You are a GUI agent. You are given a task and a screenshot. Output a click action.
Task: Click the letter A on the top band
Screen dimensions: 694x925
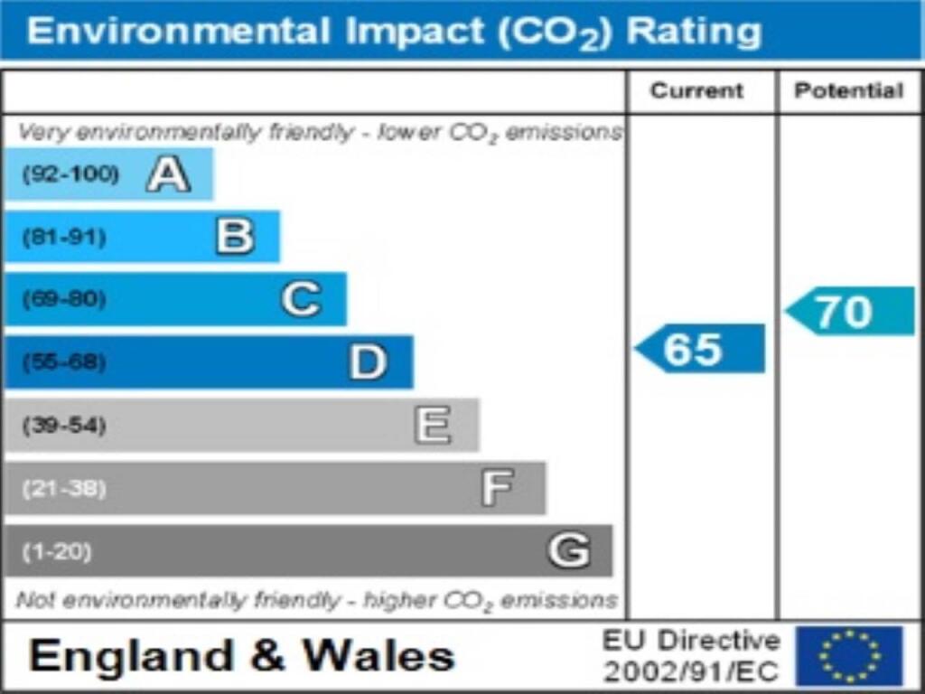168,173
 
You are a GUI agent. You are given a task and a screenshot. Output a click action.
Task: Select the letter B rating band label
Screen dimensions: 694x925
235,237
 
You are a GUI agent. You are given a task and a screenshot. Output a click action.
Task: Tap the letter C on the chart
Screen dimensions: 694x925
301,299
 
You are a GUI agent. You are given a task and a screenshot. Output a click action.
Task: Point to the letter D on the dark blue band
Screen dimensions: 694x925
368,362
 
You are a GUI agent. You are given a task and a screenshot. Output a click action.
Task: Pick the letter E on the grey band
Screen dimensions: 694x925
433,425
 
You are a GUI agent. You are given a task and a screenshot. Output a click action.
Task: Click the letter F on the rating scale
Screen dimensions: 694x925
498,488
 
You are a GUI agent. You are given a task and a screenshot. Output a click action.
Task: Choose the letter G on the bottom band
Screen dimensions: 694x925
568,550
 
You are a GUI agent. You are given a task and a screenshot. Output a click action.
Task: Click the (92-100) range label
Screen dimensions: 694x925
70,173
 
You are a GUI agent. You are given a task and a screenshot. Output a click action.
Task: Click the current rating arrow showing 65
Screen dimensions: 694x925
700,349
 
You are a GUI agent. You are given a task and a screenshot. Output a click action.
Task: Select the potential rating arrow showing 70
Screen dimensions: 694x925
849,312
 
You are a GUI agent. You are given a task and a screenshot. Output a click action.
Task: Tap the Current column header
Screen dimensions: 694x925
696,90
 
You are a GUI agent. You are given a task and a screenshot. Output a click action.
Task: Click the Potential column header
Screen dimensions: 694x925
848,90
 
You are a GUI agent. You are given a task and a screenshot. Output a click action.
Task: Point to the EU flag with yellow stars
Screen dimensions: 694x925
848,656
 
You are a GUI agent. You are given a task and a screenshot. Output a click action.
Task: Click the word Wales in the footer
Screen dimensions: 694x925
378,656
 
